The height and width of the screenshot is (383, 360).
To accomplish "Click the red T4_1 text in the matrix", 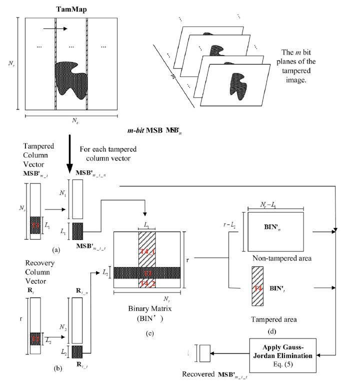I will coord(147,250).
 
